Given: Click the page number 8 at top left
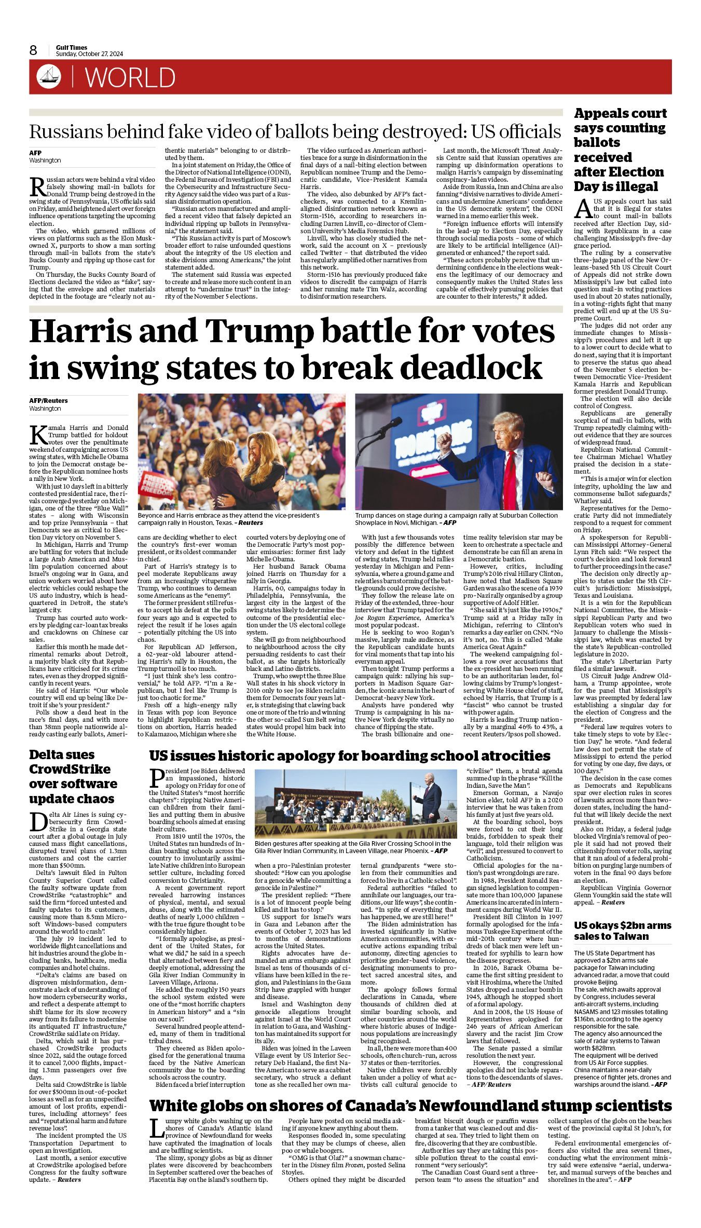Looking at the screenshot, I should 33,50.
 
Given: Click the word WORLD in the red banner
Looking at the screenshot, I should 130,77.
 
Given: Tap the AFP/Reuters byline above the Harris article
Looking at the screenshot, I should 48,401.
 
